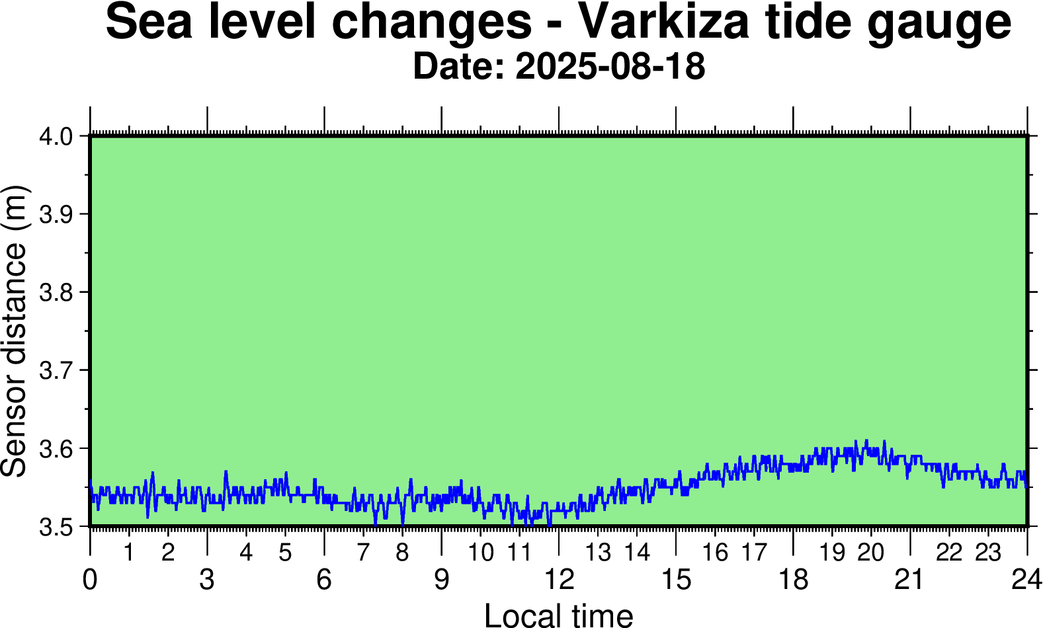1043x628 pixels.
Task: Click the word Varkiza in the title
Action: coord(665,21)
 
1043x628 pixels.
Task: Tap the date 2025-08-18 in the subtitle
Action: coord(610,67)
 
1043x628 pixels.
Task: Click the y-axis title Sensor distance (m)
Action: coord(15,331)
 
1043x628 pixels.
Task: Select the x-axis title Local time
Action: coord(559,615)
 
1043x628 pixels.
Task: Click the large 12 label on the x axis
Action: coord(559,580)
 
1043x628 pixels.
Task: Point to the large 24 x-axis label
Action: coord(1026,580)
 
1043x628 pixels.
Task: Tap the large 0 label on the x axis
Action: coord(90,580)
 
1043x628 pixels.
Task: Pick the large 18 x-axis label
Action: coord(793,580)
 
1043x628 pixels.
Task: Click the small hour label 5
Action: coord(285,553)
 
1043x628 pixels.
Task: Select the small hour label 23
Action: coord(988,553)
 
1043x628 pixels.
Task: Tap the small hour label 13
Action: coord(598,553)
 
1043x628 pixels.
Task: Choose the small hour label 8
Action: coord(402,553)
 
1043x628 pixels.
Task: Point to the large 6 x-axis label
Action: coord(324,580)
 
